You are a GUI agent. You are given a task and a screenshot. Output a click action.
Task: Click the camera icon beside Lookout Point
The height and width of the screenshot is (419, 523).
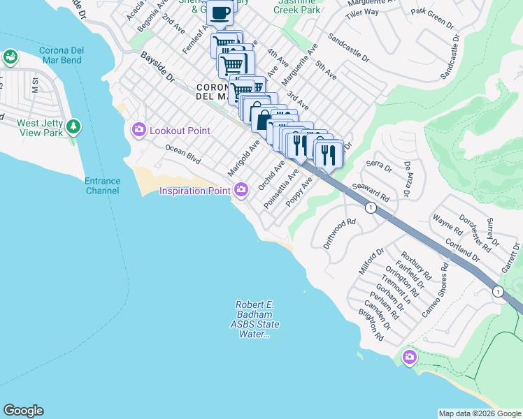point(138,129)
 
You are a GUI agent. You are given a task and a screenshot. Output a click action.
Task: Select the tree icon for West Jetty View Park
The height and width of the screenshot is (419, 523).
point(73,127)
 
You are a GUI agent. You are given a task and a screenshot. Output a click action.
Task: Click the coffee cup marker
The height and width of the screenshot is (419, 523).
point(220,13)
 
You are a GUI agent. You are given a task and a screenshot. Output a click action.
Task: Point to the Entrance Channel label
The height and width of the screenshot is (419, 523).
point(103,186)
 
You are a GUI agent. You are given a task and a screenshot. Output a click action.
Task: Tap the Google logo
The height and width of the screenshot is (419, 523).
point(23,411)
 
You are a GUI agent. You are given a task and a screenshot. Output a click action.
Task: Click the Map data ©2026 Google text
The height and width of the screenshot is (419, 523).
point(479,413)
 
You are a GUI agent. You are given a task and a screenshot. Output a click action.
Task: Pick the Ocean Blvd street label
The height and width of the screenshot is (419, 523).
point(183,155)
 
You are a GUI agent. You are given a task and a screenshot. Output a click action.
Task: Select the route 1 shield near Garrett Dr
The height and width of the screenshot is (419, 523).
point(497,291)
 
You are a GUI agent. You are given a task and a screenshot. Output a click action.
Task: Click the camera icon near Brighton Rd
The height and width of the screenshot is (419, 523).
point(409,358)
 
